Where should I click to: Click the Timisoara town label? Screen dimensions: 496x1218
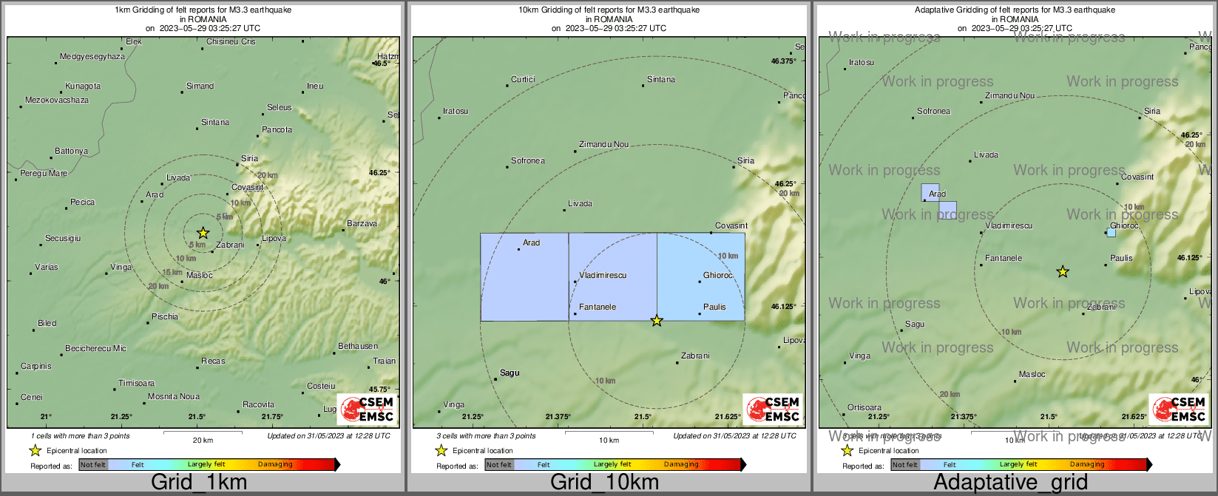click(x=137, y=384)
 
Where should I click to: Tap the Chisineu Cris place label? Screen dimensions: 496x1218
click(x=231, y=42)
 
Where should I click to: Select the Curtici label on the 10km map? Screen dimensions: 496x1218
click(x=523, y=80)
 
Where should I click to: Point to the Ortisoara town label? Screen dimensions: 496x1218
click(x=865, y=408)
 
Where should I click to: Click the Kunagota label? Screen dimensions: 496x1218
click(x=83, y=86)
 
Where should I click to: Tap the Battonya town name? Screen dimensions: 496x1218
click(x=71, y=152)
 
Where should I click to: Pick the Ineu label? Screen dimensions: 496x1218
click(x=315, y=86)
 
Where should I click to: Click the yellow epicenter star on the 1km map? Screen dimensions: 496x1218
click(x=203, y=233)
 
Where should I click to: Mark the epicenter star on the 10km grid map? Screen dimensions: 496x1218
click(x=657, y=321)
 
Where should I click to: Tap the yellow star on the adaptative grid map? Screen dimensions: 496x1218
click(x=1063, y=272)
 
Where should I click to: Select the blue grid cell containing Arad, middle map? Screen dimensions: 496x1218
click(x=524, y=277)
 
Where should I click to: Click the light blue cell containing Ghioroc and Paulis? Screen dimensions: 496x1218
click(x=700, y=277)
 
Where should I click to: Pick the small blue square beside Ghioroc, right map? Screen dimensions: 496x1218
click(x=1111, y=232)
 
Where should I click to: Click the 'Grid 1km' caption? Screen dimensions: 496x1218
click(x=199, y=483)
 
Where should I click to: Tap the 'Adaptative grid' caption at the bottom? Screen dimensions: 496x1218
click(x=1010, y=483)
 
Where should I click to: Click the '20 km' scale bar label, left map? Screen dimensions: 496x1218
click(x=203, y=441)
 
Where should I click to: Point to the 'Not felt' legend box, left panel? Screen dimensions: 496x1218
click(x=93, y=465)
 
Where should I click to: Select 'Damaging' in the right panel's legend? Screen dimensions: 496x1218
click(x=1087, y=465)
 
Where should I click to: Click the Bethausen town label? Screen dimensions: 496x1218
click(x=358, y=347)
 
